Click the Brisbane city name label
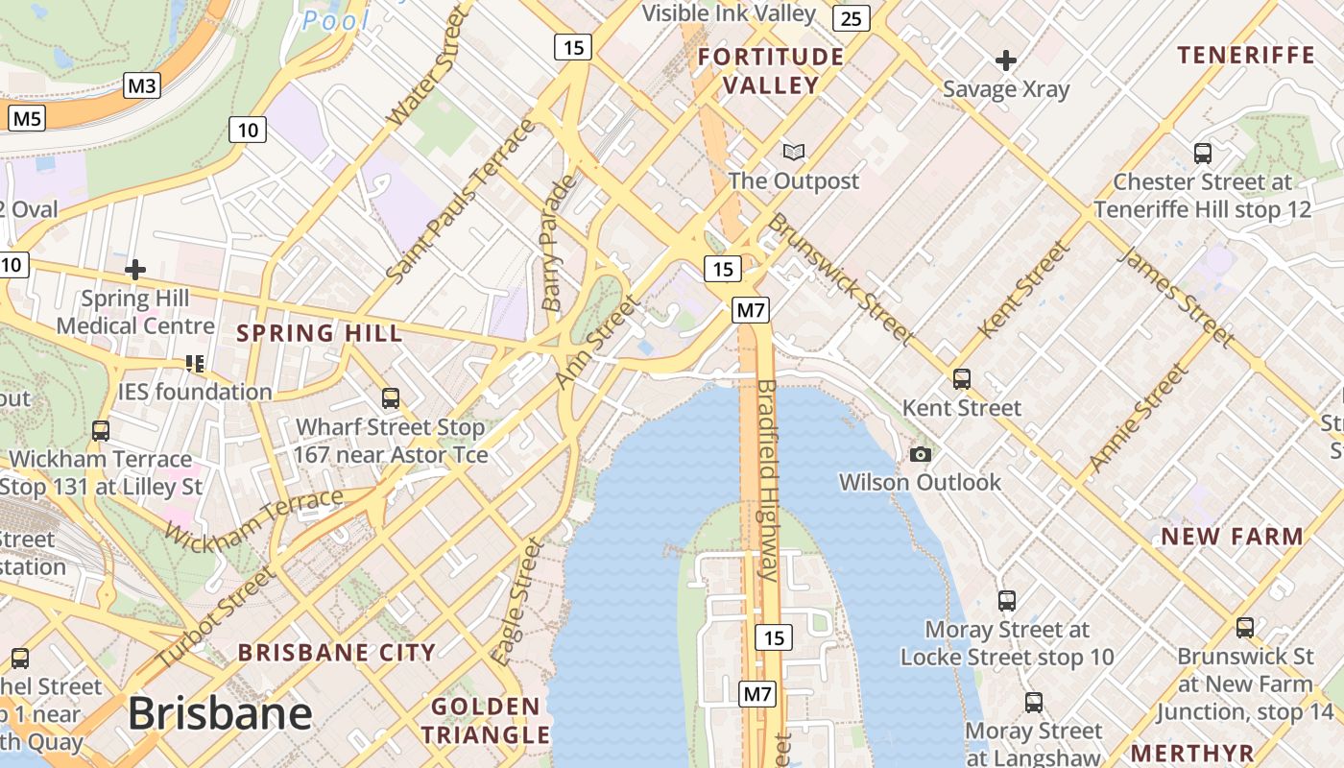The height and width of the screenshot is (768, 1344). coord(220,713)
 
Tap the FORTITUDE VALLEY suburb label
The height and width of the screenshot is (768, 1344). coord(771,71)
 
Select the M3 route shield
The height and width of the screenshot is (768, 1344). coord(141,86)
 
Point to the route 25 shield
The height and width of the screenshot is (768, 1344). coord(852,17)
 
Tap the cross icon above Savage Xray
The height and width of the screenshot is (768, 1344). coord(1005,61)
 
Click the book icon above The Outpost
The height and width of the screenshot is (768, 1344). coord(793,152)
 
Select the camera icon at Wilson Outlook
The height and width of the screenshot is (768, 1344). coord(920,454)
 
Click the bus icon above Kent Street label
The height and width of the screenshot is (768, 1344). coord(962,379)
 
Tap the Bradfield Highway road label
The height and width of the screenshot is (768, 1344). coord(769,480)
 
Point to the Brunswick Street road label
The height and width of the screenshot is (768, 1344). coord(839,278)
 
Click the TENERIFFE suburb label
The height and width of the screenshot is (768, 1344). coord(1245,55)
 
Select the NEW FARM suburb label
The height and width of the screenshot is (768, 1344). coord(1232,537)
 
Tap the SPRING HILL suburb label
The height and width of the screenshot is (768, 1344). coord(319,334)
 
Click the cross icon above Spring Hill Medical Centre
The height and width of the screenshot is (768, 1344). coord(135,270)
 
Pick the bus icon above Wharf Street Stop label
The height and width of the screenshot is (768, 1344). coord(390,397)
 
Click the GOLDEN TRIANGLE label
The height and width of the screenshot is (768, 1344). coord(485,721)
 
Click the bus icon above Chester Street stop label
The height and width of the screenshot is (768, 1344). coord(1202,153)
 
